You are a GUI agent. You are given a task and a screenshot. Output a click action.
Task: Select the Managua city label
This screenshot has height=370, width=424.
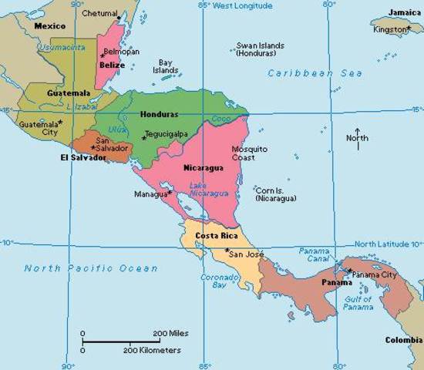click(x=149, y=194)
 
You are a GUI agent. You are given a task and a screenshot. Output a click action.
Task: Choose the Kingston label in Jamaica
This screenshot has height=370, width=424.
click(x=389, y=29)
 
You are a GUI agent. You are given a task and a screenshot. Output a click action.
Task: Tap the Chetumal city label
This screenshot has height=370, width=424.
click(x=99, y=14)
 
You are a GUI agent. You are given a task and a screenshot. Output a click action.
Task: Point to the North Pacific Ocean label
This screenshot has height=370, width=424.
click(x=91, y=269)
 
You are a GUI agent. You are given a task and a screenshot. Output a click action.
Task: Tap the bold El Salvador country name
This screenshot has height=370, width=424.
click(x=82, y=158)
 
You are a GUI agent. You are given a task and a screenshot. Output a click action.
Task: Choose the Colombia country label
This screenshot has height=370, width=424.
click(x=404, y=339)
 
